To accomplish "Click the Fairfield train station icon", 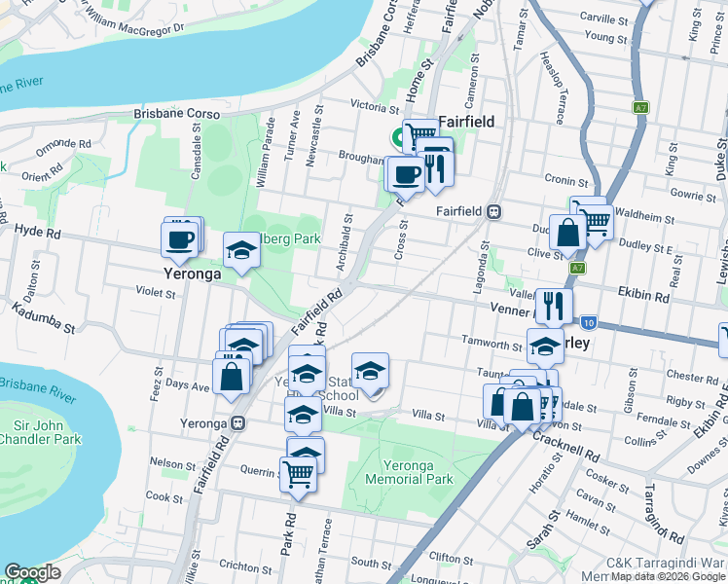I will tap(495, 211).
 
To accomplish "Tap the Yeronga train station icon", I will tap(237, 423).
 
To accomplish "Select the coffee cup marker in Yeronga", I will tap(181, 238).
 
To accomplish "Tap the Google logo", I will tap(32, 572).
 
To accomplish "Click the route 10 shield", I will tap(589, 322).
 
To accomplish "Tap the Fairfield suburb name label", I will tap(466, 122).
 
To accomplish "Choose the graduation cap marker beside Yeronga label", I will tap(241, 252).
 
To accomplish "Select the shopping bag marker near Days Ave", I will tap(231, 377).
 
